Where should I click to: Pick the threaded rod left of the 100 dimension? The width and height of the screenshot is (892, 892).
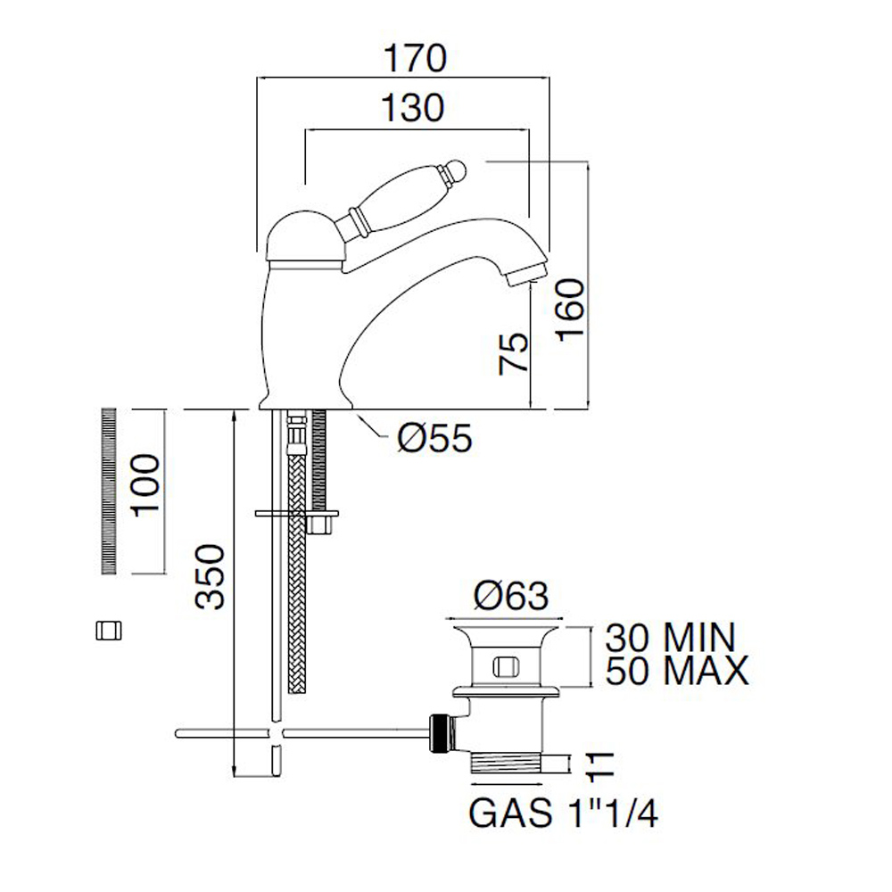coord(110,491)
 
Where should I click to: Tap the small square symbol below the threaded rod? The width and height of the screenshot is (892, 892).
coord(108,631)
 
